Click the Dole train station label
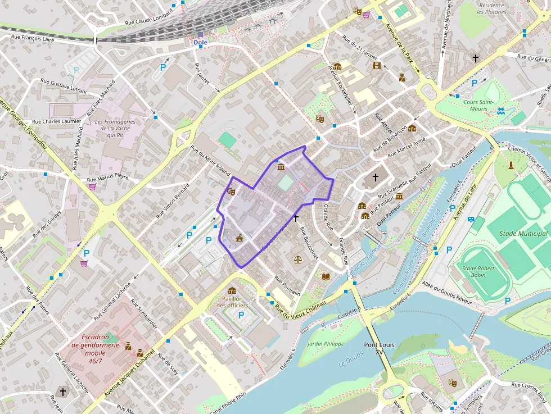pos(200,43)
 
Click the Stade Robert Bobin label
pos(478,272)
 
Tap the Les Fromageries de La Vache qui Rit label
pos(115,129)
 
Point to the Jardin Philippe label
pos(326,343)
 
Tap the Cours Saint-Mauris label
pos(479,105)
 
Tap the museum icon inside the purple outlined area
pos(281,167)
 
